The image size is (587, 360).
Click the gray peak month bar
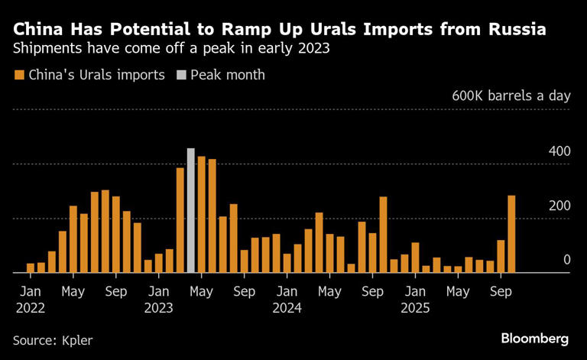tap(191, 210)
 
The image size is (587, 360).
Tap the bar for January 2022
tap(31, 268)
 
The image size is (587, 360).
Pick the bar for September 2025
tap(501, 256)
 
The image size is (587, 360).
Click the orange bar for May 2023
tap(202, 214)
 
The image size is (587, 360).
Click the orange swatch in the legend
tap(18, 75)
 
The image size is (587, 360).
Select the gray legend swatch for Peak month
tap(180, 75)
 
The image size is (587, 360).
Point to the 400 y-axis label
tap(559, 151)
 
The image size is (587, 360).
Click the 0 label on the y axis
tap(566, 260)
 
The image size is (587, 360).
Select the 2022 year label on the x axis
tap(30, 308)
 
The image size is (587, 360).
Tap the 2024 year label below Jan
tap(286, 308)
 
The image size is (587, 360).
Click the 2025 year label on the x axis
tap(414, 308)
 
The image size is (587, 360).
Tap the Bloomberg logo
tap(534, 338)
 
